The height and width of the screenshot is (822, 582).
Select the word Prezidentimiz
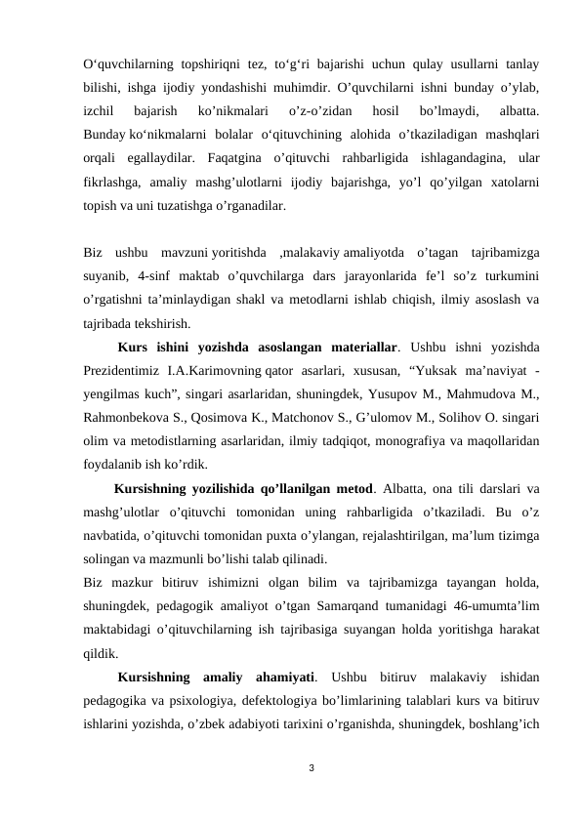120,371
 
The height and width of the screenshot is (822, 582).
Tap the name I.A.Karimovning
213,371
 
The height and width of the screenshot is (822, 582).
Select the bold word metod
355,488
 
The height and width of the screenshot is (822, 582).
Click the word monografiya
406,441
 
